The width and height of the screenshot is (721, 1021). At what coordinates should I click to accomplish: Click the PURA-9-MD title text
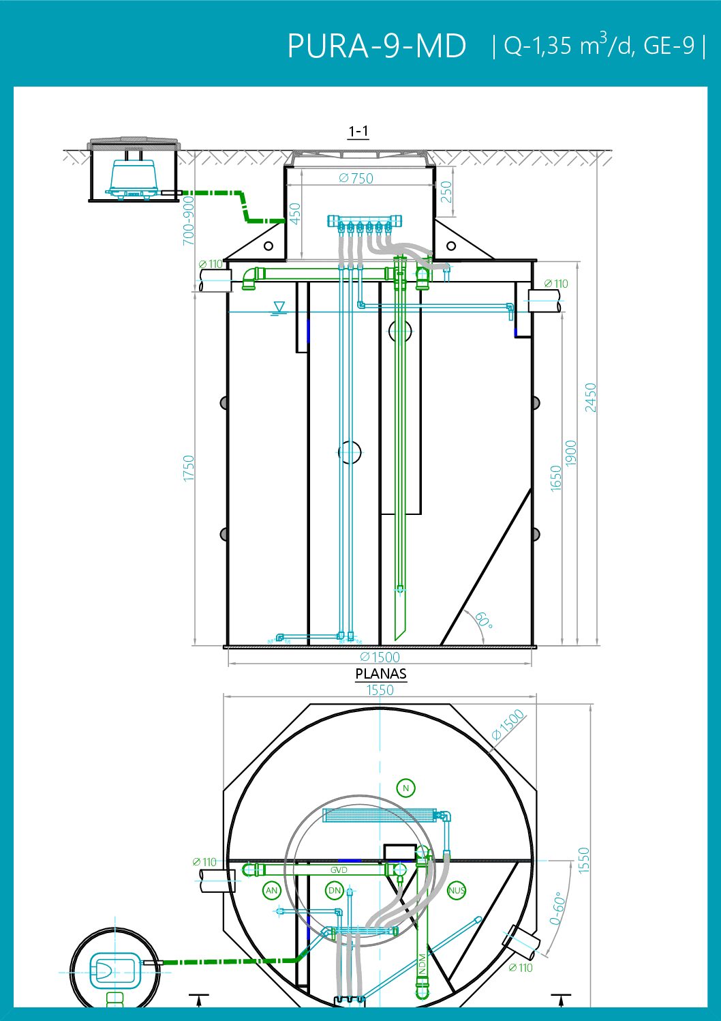click(377, 46)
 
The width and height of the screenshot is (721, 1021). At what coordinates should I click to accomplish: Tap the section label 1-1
click(358, 131)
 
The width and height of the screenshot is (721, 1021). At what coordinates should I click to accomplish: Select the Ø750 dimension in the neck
click(356, 178)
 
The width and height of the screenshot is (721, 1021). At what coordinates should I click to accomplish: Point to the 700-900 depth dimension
click(188, 220)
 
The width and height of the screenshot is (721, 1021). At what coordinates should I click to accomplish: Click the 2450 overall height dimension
click(590, 398)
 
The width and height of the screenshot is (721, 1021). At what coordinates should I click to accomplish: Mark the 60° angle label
click(484, 620)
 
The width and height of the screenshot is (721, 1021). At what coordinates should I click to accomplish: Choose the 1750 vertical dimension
click(188, 468)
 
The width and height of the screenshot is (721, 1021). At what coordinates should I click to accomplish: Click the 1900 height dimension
click(570, 454)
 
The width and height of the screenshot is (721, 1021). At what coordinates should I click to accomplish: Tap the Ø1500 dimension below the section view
click(380, 657)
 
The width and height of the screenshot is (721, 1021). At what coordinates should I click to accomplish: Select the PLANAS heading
click(381, 674)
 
